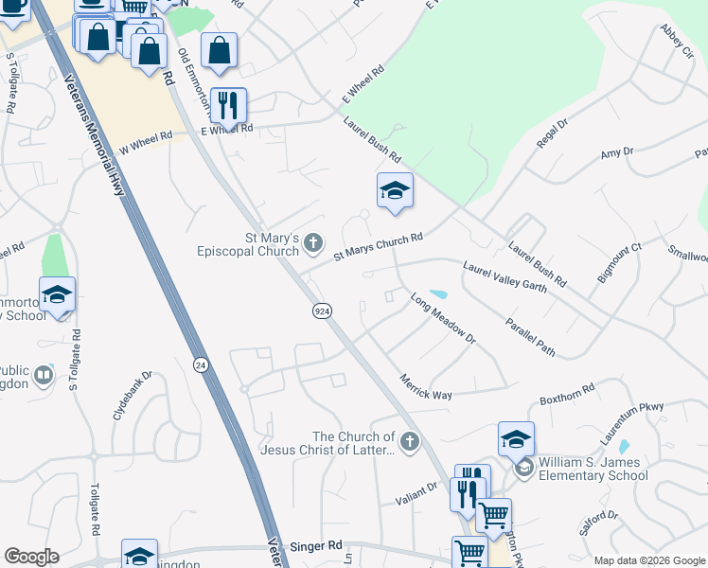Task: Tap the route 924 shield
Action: coord(322,311)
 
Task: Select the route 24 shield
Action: coord(200,364)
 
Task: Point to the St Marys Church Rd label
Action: coord(378,248)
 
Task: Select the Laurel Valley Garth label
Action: coord(504,277)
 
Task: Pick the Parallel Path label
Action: coord(529,336)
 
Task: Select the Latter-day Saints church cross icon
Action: coord(409,441)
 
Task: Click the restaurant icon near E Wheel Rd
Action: coord(227,104)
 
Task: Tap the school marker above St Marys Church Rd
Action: coord(395,191)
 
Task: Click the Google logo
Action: coord(31,557)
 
